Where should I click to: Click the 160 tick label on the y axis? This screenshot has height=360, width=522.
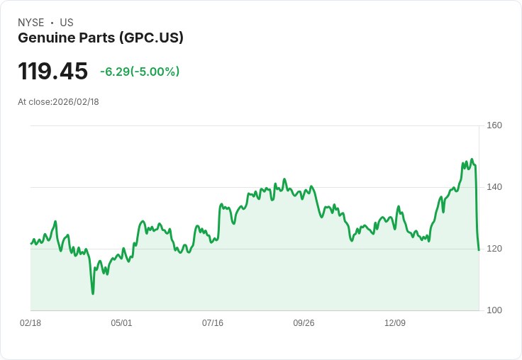[x=494, y=125]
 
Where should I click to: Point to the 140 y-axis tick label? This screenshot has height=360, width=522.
[x=494, y=187]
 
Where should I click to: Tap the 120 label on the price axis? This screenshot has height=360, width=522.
[x=494, y=249]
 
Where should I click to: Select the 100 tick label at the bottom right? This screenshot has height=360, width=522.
[x=494, y=310]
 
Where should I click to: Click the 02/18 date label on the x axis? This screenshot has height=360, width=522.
[x=30, y=323]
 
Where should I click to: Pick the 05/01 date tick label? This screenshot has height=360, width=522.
[x=121, y=323]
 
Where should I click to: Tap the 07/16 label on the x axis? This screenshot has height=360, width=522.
[x=213, y=323]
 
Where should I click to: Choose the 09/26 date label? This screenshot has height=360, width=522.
[x=304, y=323]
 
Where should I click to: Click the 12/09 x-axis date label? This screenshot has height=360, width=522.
[x=395, y=323]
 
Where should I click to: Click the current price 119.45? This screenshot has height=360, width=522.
[x=52, y=72]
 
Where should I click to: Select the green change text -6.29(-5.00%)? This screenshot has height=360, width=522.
[x=140, y=72]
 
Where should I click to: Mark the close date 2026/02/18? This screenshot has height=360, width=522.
[x=76, y=102]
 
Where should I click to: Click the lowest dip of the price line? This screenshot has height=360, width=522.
[x=93, y=293]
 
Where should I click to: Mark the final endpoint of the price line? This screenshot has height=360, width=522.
[x=479, y=249]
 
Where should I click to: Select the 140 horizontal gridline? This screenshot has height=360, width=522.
[x=255, y=187]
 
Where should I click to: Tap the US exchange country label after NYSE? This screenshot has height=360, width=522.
[x=67, y=23]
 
